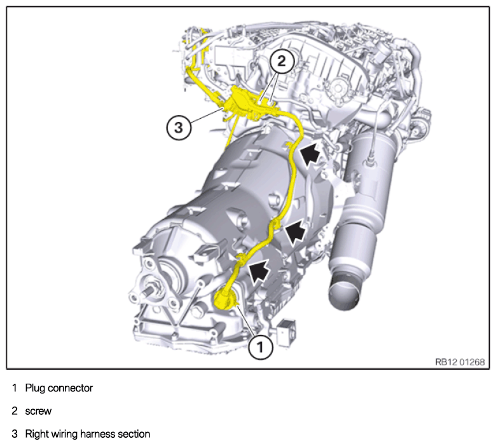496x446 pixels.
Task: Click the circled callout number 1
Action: pyautogui.click(x=260, y=347)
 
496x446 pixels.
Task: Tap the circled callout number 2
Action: pyautogui.click(x=282, y=61)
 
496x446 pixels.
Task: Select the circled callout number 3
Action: pyautogui.click(x=179, y=128)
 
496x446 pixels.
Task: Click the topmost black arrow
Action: pyautogui.click(x=310, y=152)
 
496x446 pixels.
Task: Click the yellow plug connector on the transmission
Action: pyautogui.click(x=225, y=298)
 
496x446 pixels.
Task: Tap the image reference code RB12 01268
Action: pyautogui.click(x=460, y=362)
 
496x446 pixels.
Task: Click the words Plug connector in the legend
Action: pyautogui.click(x=59, y=388)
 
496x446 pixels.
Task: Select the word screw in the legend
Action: pyautogui.click(x=38, y=411)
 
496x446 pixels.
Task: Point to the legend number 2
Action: pyautogui.click(x=15, y=411)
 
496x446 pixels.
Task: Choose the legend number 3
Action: pyautogui.click(x=15, y=434)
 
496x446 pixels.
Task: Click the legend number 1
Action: pyautogui.click(x=14, y=388)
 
